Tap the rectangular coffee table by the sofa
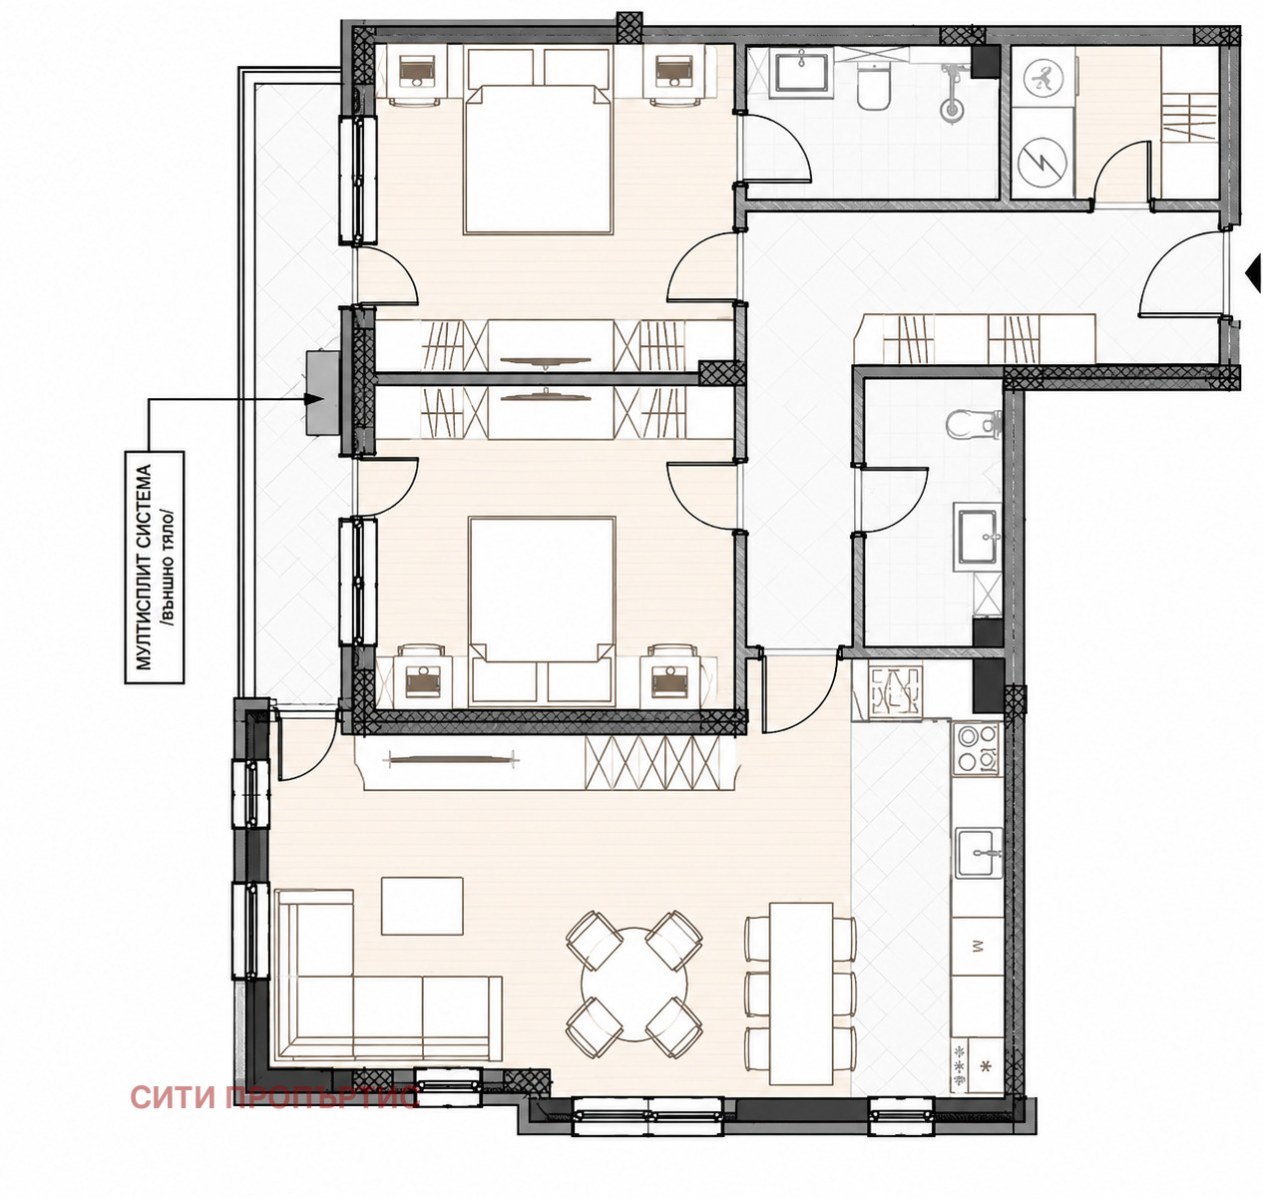point(422,907)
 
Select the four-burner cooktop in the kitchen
point(977,748)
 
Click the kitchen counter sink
point(979,853)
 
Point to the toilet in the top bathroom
point(874,88)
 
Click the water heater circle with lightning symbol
point(1043,163)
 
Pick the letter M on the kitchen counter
point(978,946)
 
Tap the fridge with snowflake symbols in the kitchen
point(977,1064)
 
